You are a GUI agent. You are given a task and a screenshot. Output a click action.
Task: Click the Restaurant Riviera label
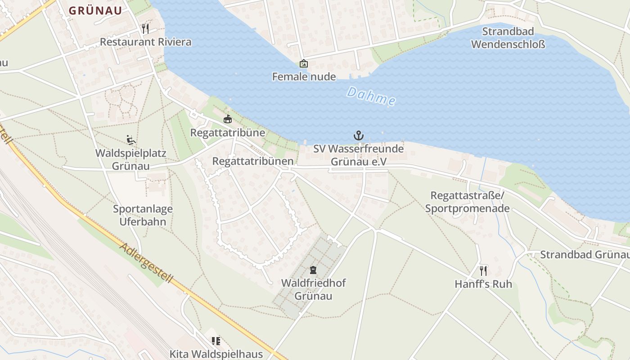click(x=145, y=42)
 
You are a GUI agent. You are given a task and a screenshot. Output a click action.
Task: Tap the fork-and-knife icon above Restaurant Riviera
click(x=145, y=29)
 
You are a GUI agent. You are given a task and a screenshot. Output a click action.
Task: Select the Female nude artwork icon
click(x=304, y=63)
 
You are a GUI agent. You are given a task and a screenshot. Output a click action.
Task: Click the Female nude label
click(x=304, y=76)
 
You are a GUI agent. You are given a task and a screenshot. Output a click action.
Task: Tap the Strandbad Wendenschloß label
click(x=508, y=38)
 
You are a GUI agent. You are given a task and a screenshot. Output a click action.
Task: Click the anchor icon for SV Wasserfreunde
click(x=359, y=135)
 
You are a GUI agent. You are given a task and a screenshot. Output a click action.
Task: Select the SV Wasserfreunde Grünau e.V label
click(x=359, y=155)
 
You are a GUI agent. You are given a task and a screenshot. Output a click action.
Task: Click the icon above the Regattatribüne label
click(x=228, y=119)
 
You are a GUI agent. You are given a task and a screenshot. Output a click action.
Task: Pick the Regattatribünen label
click(x=253, y=161)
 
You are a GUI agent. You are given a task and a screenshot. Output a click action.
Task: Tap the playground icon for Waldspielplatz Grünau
click(x=131, y=140)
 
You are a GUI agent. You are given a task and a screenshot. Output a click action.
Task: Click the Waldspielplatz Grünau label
click(x=131, y=159)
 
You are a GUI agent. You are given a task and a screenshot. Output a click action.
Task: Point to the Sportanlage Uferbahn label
click(x=143, y=215)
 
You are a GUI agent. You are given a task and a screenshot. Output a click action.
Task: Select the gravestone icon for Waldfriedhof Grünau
click(x=313, y=270)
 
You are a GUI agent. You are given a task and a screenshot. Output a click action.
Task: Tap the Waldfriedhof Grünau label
click(x=313, y=289)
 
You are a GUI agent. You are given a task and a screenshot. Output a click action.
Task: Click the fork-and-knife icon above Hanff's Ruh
click(x=483, y=270)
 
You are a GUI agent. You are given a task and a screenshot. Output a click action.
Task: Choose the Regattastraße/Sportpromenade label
click(x=468, y=202)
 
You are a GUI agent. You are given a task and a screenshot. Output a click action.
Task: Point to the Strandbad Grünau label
click(x=584, y=254)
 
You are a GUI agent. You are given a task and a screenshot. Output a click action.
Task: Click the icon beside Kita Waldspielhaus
click(x=216, y=341)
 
